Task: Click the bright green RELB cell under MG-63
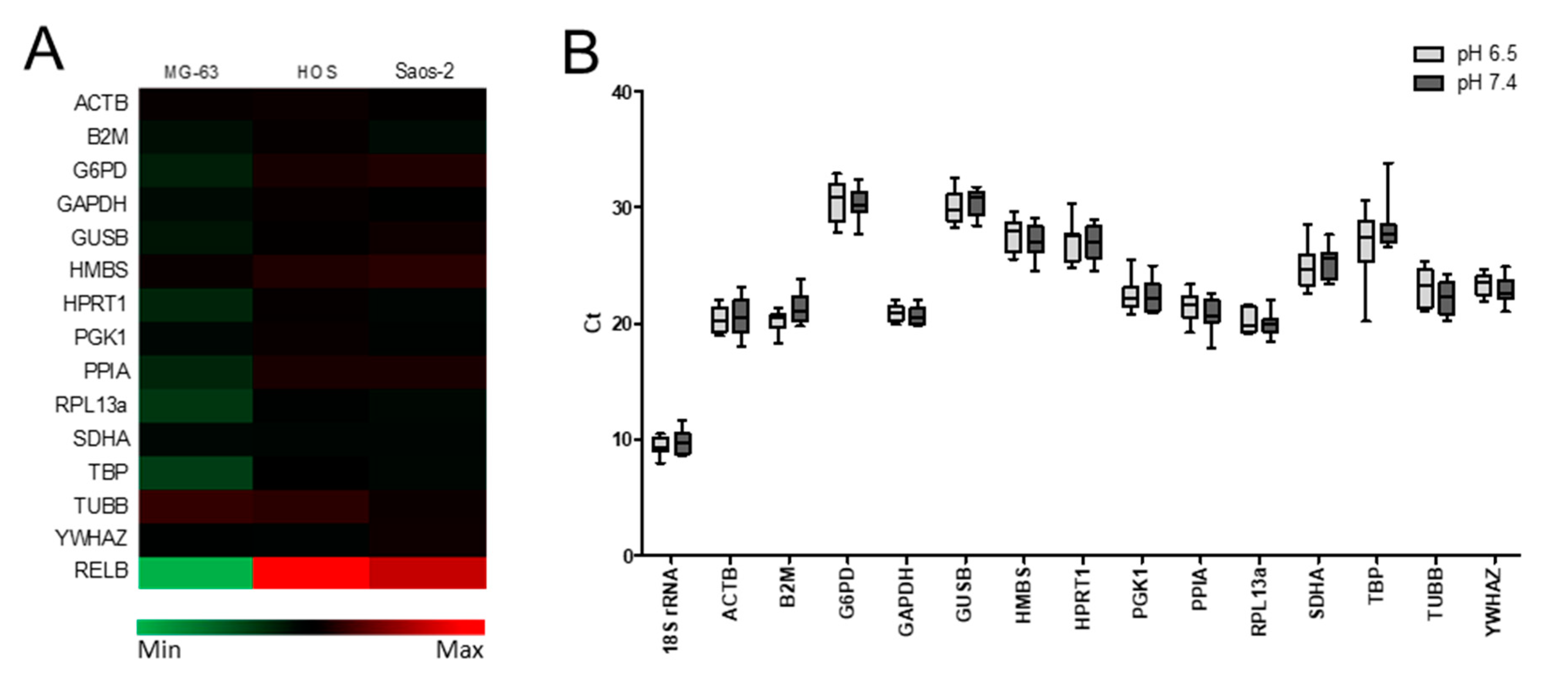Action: click(195, 572)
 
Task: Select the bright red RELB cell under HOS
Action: click(310, 572)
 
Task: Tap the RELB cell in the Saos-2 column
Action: click(427, 572)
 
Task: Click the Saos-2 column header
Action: click(424, 71)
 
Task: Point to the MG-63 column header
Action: click(191, 72)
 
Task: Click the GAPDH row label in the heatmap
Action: click(92, 204)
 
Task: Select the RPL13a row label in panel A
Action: click(91, 405)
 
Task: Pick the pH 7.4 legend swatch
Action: click(1429, 83)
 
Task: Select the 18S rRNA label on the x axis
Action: click(671, 610)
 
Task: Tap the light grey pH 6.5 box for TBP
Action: click(1366, 240)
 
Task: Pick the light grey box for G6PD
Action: click(837, 203)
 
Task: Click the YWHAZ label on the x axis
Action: click(1493, 602)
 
